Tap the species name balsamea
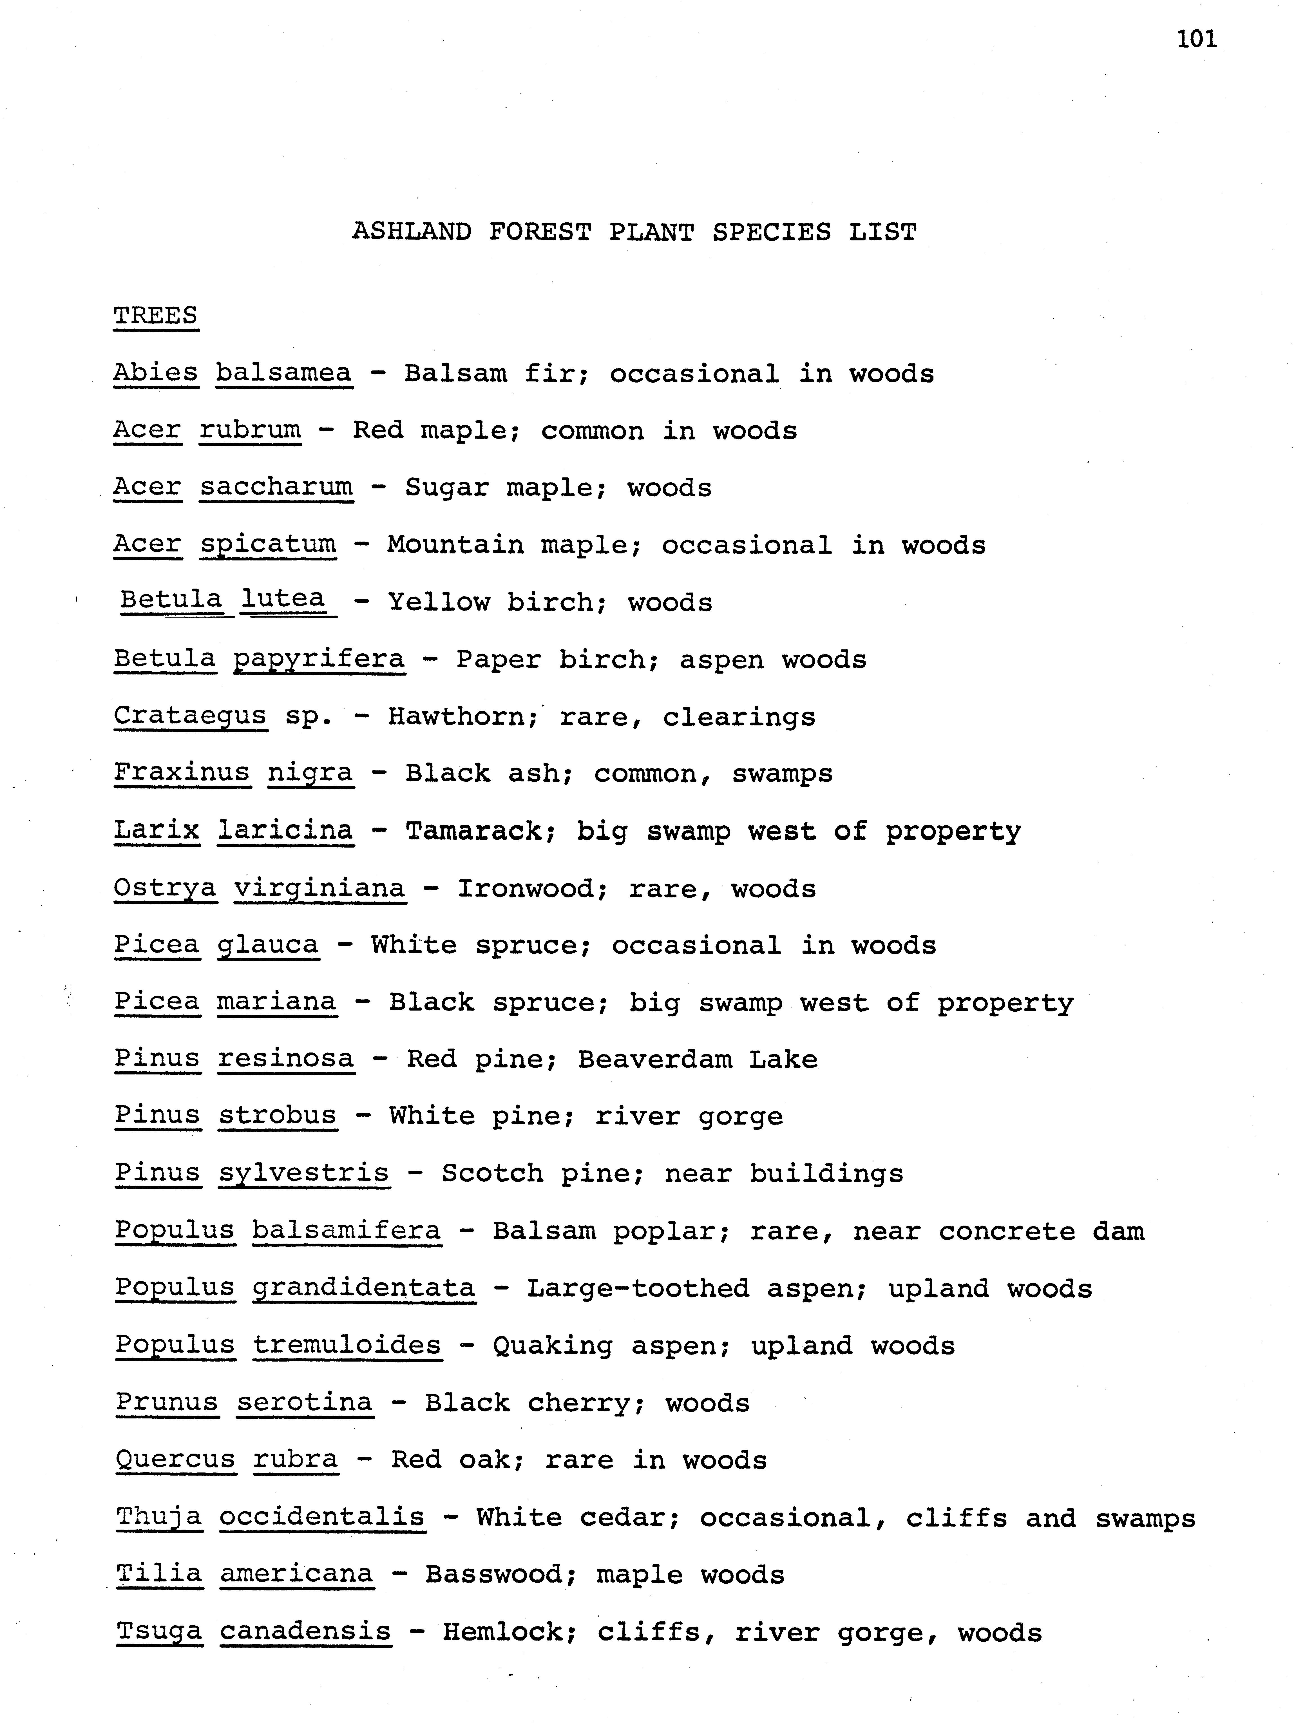click(283, 373)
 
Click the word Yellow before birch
click(439, 602)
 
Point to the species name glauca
click(268, 945)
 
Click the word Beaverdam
click(654, 1059)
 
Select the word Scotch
click(491, 1173)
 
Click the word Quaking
click(552, 1346)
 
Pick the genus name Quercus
click(175, 1459)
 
